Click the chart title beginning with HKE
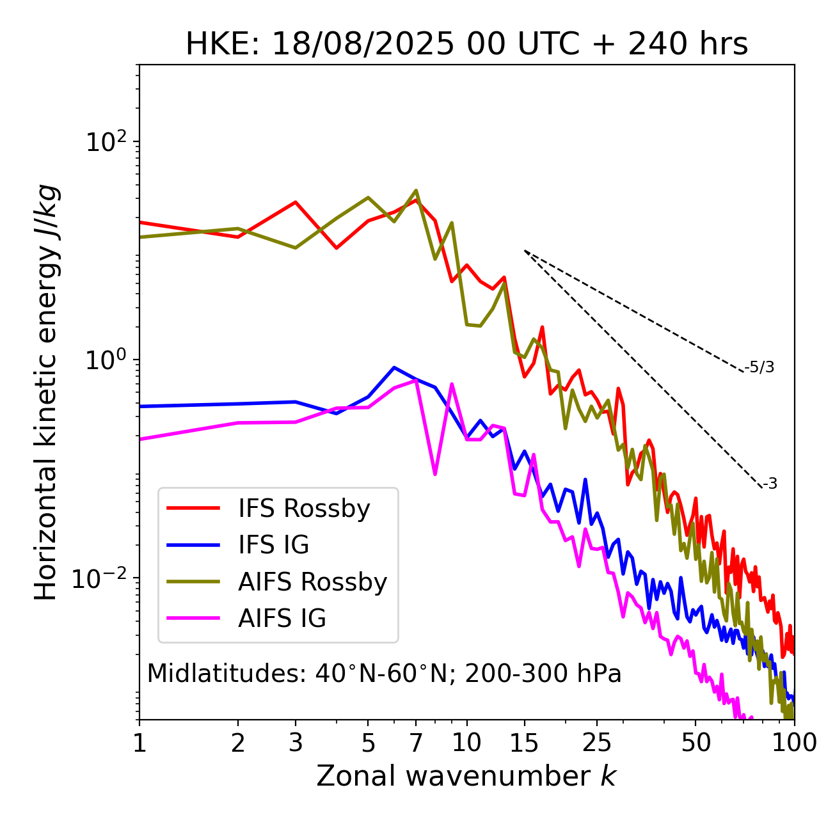pos(466,44)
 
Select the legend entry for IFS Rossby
pos(304,509)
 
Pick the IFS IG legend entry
pos(273,545)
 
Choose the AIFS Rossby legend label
pos(312,582)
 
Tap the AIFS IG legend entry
pos(282,619)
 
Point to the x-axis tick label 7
pos(416,742)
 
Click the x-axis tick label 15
pos(524,742)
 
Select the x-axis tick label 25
pos(596,742)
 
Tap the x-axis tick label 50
pos(696,742)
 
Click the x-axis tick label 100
pos(794,742)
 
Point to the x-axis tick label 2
pos(238,742)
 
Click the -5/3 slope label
pos(759,367)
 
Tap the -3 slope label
pos(770,484)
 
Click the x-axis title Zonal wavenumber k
pos(466,776)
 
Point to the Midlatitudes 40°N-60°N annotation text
pos(384,674)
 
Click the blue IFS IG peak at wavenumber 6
pos(394,367)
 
